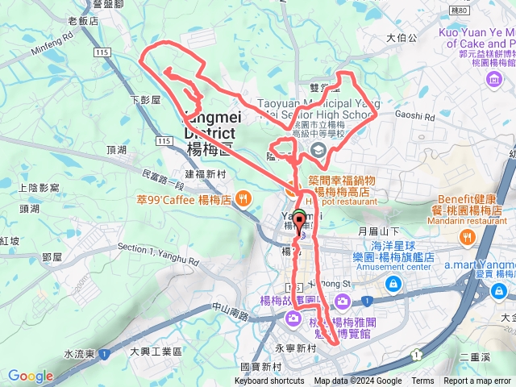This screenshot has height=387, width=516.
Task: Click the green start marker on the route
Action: point(299,216)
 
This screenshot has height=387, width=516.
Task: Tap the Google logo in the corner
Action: point(30,376)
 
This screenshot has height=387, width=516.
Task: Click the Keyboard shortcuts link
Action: point(269,381)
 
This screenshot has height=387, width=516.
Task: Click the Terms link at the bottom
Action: point(422,381)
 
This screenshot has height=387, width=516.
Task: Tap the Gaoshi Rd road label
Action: point(415,116)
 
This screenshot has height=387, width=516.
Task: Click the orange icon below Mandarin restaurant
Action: point(467,237)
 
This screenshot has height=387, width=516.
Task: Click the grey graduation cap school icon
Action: point(318,151)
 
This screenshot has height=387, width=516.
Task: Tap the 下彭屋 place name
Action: point(146,99)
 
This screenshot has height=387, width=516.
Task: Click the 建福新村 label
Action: point(206,173)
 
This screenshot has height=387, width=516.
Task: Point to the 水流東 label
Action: point(80,354)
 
